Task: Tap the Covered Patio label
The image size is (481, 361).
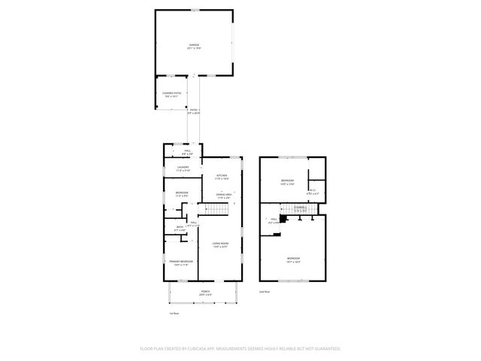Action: (x=171, y=94)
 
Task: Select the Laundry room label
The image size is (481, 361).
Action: (x=183, y=168)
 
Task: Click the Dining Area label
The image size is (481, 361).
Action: (x=224, y=196)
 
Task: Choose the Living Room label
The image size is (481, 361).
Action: (x=219, y=244)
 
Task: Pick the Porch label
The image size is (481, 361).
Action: (x=204, y=293)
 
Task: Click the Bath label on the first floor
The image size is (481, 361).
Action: (x=180, y=228)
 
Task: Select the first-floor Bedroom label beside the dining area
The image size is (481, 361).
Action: (x=182, y=194)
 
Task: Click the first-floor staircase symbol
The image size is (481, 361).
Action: (x=216, y=212)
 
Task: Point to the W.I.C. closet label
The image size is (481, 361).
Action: (x=313, y=192)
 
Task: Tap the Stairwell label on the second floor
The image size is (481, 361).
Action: (x=298, y=209)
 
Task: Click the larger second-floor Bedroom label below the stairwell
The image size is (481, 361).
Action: (x=292, y=260)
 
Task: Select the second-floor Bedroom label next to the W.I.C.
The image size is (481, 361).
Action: (x=287, y=182)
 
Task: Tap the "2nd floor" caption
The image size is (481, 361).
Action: (x=264, y=290)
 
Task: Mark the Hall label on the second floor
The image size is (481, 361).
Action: (x=274, y=221)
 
